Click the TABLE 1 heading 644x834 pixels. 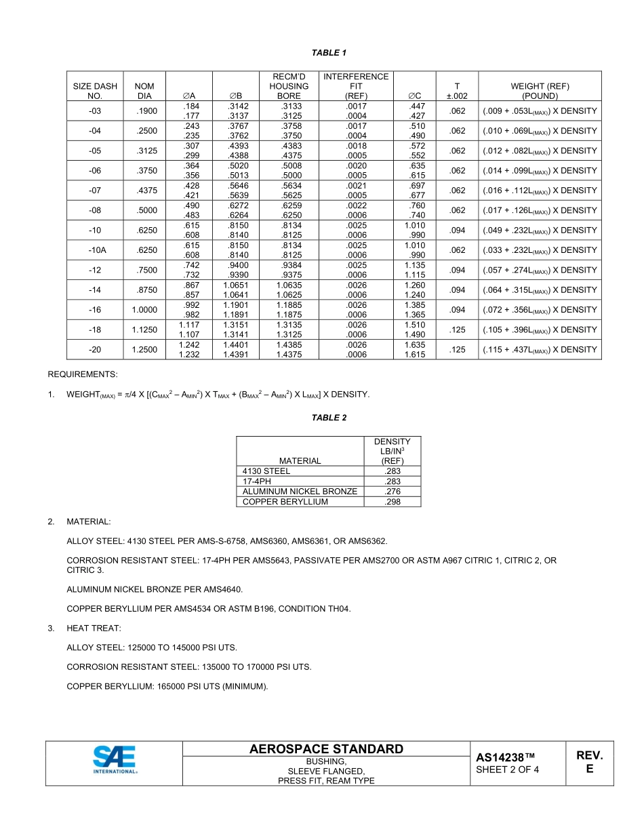point(329,52)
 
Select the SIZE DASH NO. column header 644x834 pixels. point(95,91)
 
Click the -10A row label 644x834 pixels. point(95,250)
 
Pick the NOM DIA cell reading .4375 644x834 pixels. point(145,191)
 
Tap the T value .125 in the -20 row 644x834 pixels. point(458,350)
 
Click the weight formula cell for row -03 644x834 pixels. point(540,111)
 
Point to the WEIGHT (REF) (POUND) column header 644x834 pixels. point(540,91)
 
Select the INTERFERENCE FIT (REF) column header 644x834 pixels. point(356,86)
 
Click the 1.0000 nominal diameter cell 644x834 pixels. point(145,310)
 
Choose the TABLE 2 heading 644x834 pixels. point(329,418)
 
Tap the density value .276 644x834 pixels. point(392,492)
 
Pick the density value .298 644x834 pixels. point(392,502)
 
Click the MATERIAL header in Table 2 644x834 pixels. point(300,460)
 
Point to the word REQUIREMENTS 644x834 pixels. point(82,374)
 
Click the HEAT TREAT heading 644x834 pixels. point(94,629)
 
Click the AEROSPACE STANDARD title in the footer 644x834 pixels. point(326,749)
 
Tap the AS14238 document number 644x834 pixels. point(505,757)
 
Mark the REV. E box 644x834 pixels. point(589,762)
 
